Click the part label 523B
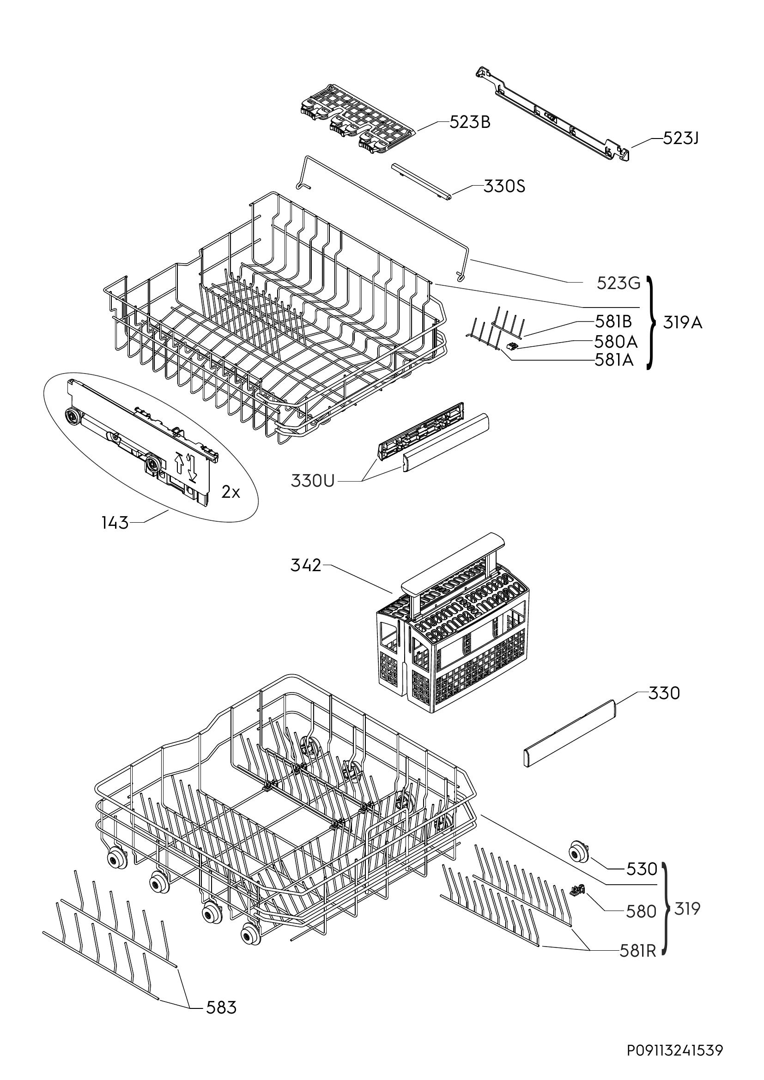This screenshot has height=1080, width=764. click(x=470, y=122)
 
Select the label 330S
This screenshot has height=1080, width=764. click(x=504, y=187)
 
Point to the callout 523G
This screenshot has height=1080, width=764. click(x=618, y=283)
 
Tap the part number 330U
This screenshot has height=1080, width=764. click(x=313, y=481)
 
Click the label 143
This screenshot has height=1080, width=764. click(x=115, y=523)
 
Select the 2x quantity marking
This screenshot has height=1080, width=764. click(x=230, y=492)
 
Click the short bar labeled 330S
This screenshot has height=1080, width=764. click(x=422, y=181)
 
